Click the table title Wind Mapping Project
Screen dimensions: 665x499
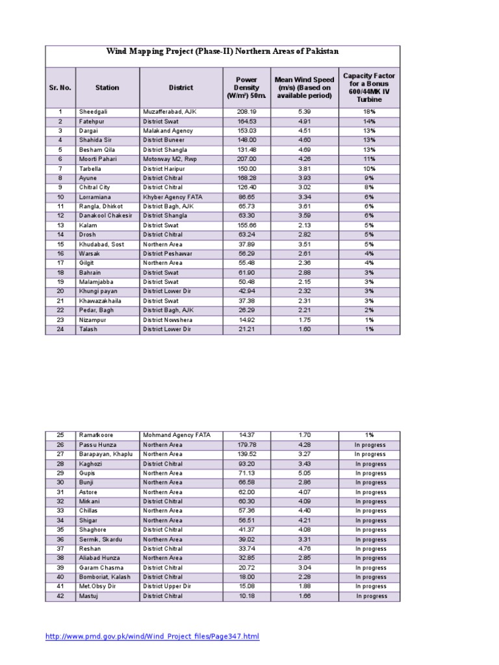[x=222, y=51]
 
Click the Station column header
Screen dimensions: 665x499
[x=107, y=87]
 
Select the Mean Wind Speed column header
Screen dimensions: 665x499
[x=305, y=88]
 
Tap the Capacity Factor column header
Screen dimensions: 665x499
[x=369, y=88]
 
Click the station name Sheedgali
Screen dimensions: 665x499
[x=94, y=112]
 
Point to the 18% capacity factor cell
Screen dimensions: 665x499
[x=369, y=112]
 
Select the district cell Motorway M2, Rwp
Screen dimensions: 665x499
[x=170, y=159]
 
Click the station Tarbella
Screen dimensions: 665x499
[x=90, y=168]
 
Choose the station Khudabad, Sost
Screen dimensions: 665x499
[x=101, y=244]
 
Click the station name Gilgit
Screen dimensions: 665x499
[x=86, y=263]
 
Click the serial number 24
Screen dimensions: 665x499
[x=60, y=329]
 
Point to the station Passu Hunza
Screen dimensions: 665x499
[x=97, y=445]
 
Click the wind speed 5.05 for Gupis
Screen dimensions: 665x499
[x=305, y=473]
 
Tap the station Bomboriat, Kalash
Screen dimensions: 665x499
[x=105, y=577]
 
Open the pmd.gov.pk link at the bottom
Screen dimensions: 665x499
[x=152, y=636]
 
